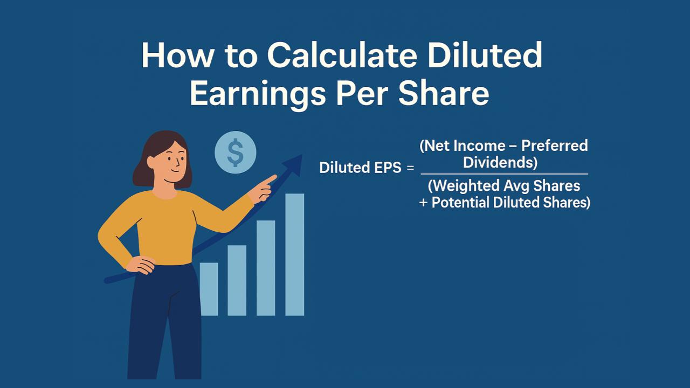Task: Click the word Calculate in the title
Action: click(342, 56)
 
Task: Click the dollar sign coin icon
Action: click(236, 153)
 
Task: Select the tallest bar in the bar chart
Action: click(295, 254)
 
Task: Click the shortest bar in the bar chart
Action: click(209, 289)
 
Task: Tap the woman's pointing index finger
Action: click(270, 179)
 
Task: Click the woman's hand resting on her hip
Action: click(141, 265)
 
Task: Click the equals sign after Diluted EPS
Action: click(410, 168)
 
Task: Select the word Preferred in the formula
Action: click(555, 146)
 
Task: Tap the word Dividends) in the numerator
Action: click(500, 163)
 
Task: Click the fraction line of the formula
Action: click(504, 174)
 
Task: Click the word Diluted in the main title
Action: click(485, 56)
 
